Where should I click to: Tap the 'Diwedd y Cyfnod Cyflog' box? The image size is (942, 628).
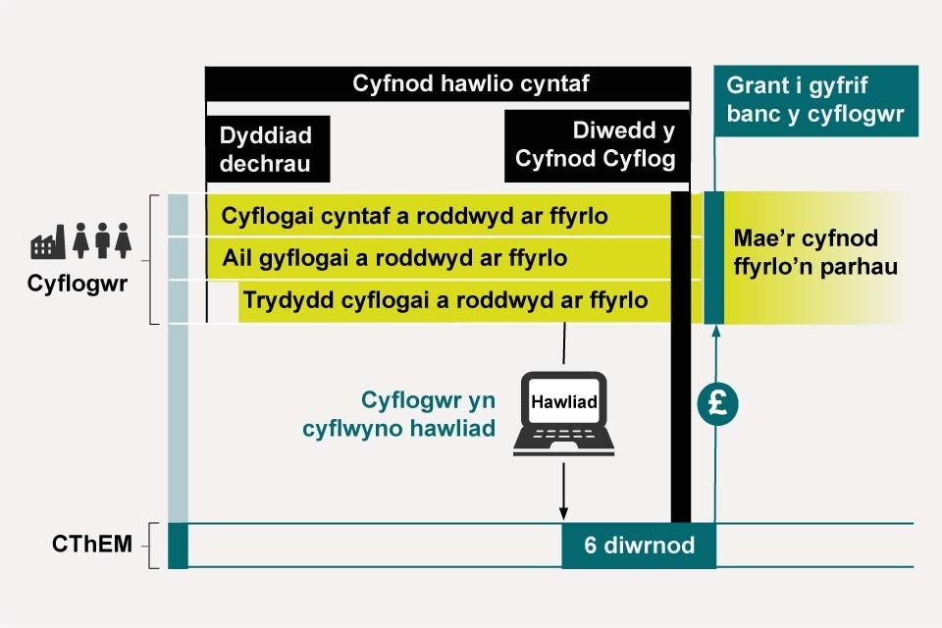coord(597,146)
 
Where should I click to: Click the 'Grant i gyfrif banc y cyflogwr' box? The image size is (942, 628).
coord(816,101)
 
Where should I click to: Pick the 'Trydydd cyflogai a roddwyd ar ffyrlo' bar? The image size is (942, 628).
coord(446,301)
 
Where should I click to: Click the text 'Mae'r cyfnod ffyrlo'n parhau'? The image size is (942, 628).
coord(814,253)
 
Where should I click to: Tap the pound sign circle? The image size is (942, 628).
coord(717,404)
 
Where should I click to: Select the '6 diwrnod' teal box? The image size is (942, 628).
coord(639,546)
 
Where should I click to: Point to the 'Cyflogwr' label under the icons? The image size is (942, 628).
coord(78,285)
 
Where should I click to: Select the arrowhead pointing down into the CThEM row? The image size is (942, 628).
coord(563,513)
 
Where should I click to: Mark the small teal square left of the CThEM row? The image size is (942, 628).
coord(178,546)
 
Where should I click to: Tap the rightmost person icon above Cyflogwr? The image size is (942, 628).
coord(123,240)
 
